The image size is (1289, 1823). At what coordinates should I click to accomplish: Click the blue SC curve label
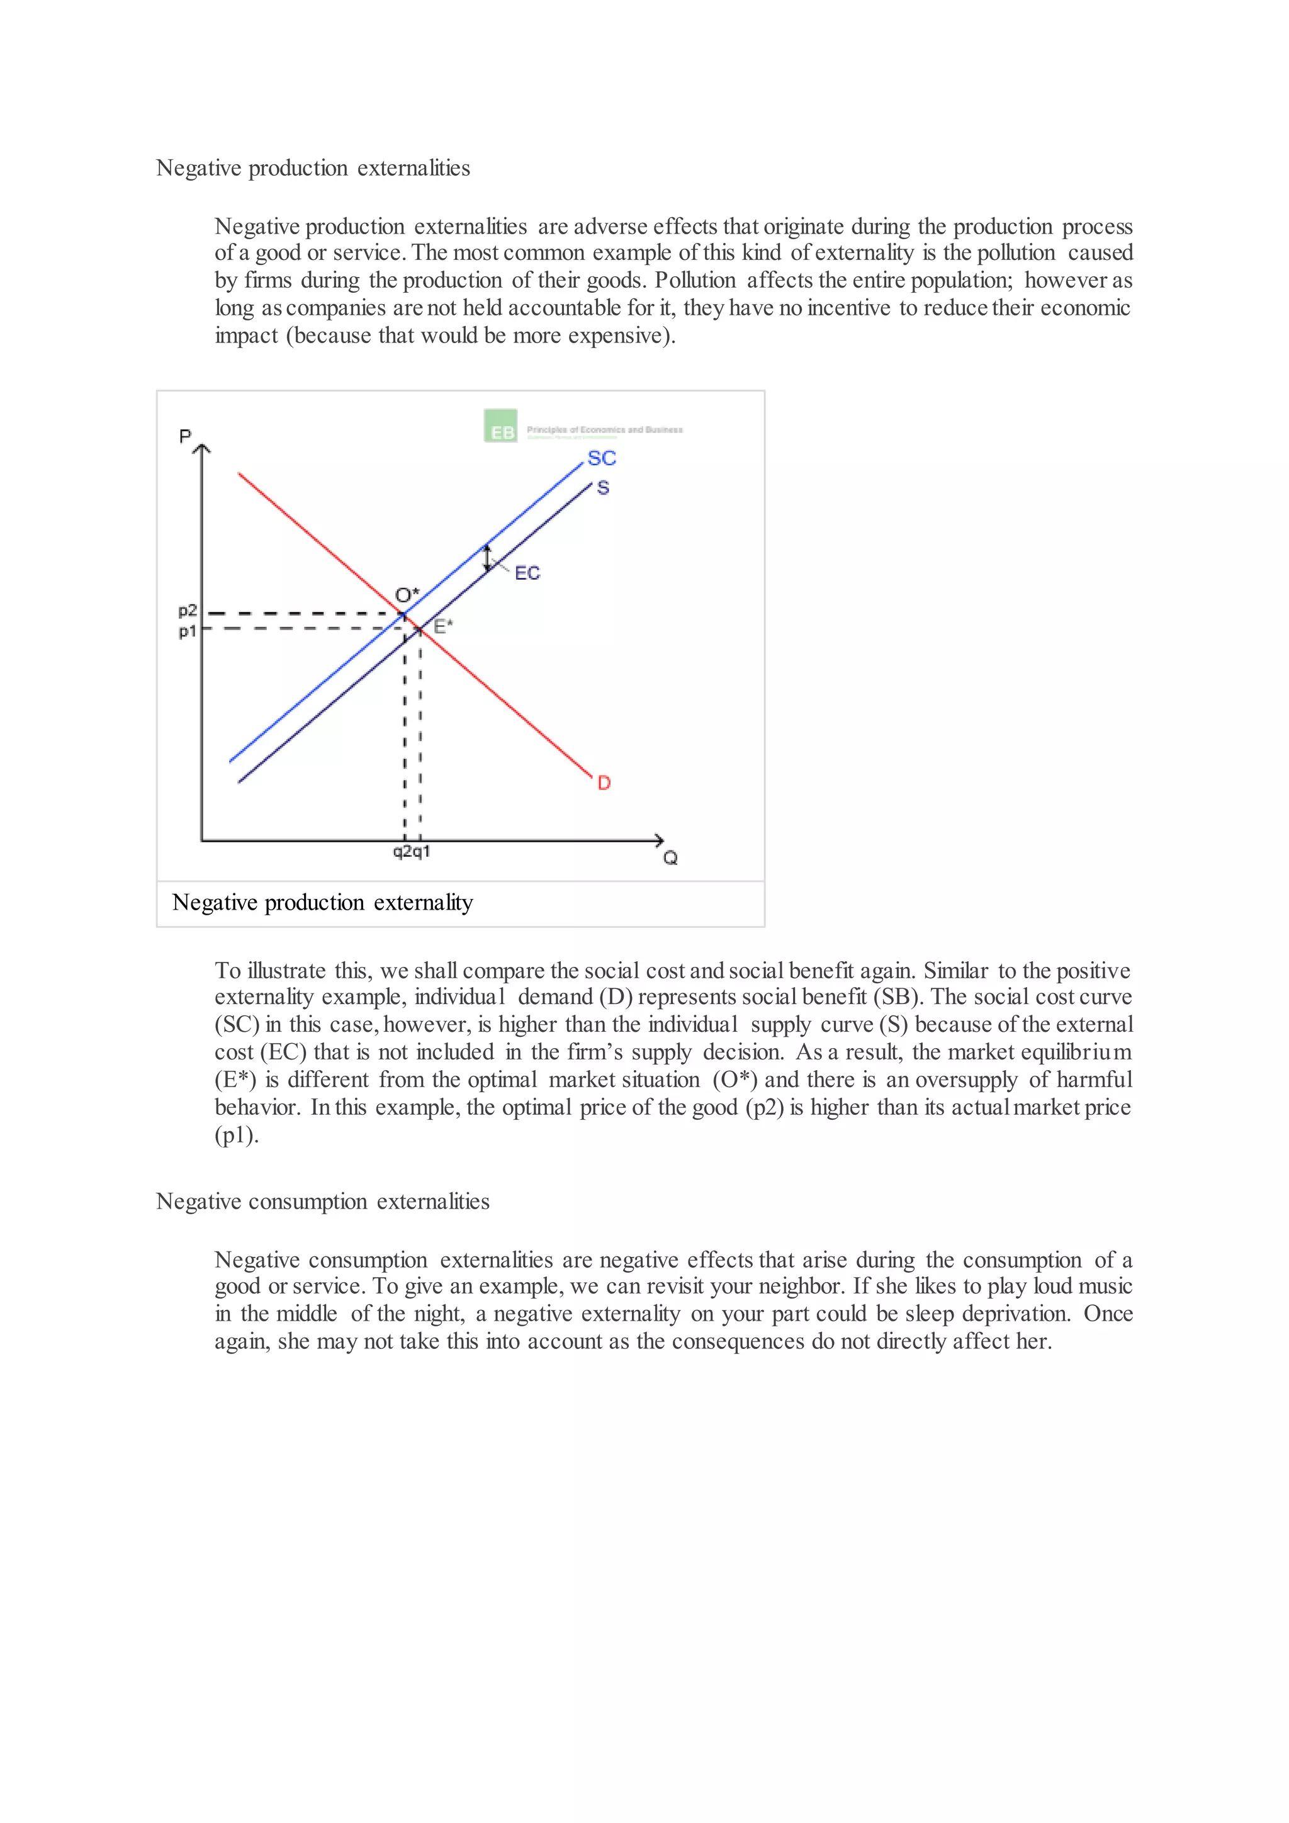601,458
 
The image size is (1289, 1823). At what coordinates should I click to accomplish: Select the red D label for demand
604,783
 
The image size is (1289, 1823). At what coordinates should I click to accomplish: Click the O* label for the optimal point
407,595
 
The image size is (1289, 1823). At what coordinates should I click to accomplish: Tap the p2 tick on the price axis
188,611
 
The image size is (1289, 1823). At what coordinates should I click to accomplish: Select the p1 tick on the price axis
188,632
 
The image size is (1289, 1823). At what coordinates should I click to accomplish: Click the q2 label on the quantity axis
402,851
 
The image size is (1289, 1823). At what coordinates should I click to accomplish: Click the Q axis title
671,857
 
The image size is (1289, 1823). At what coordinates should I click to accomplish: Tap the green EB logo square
501,426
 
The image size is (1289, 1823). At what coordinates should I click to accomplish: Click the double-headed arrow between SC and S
487,558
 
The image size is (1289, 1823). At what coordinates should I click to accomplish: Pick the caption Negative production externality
322,903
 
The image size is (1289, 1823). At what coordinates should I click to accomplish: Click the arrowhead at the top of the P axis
203,449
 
